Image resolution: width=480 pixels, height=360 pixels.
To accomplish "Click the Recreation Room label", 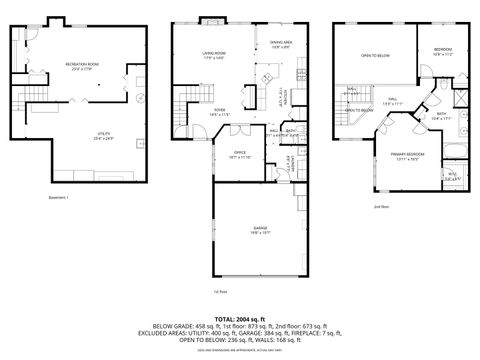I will pos(79,65).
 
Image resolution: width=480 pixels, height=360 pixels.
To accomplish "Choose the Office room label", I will pos(239,154).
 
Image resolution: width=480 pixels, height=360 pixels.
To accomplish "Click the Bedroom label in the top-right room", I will pos(444,53).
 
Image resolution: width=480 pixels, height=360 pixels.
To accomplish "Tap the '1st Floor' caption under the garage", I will pos(221,292).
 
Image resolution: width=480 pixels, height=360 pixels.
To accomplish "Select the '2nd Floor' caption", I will pos(381,207).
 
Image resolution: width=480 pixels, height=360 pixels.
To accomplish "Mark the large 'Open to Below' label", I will pos(374,56).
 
